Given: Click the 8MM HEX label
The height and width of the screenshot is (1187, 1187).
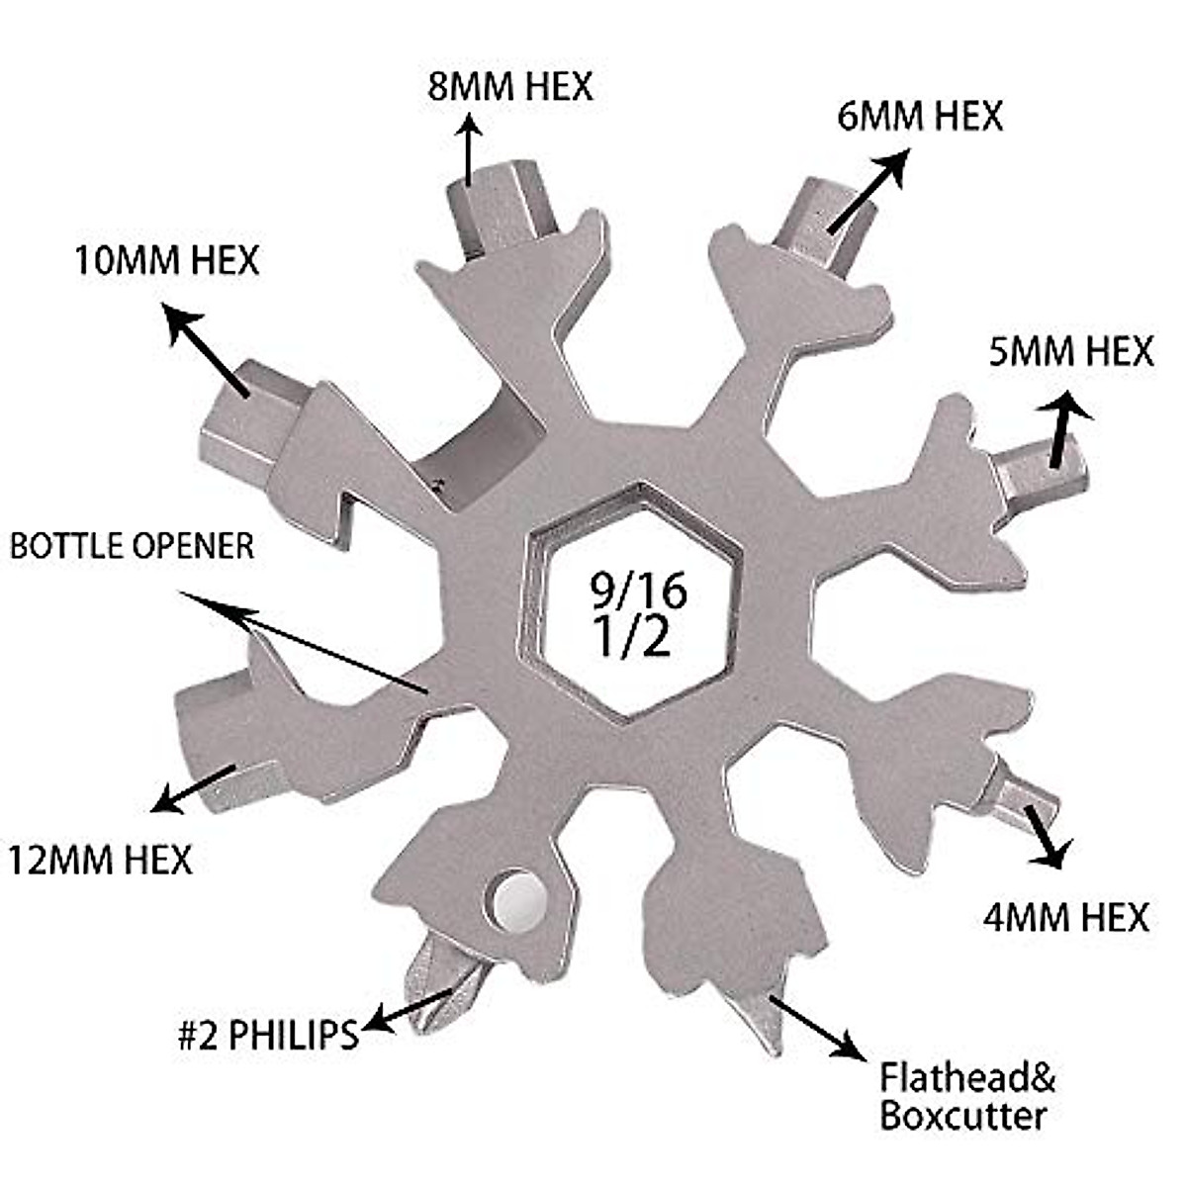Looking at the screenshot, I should pyautogui.click(x=510, y=86).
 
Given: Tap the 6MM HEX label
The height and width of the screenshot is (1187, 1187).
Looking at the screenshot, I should pyautogui.click(x=919, y=116).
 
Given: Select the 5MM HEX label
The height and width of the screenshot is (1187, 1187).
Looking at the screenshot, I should pyautogui.click(x=1071, y=351).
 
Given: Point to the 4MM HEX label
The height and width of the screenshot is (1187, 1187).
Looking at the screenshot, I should pyautogui.click(x=1065, y=917).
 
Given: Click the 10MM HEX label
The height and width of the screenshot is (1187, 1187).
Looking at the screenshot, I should pyautogui.click(x=166, y=260).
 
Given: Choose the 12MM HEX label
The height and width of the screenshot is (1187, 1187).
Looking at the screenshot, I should pyautogui.click(x=100, y=859).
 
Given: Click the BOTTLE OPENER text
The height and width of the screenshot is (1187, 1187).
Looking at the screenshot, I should pyautogui.click(x=132, y=545).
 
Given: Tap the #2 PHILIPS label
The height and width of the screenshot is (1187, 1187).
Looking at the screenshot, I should pyautogui.click(x=267, y=1035).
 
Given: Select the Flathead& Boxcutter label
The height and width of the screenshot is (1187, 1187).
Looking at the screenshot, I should pyautogui.click(x=967, y=1096).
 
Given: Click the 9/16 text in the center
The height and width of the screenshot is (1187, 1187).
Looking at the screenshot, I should pyautogui.click(x=638, y=592).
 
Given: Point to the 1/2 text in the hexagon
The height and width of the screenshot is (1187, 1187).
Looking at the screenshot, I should pyautogui.click(x=633, y=639).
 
